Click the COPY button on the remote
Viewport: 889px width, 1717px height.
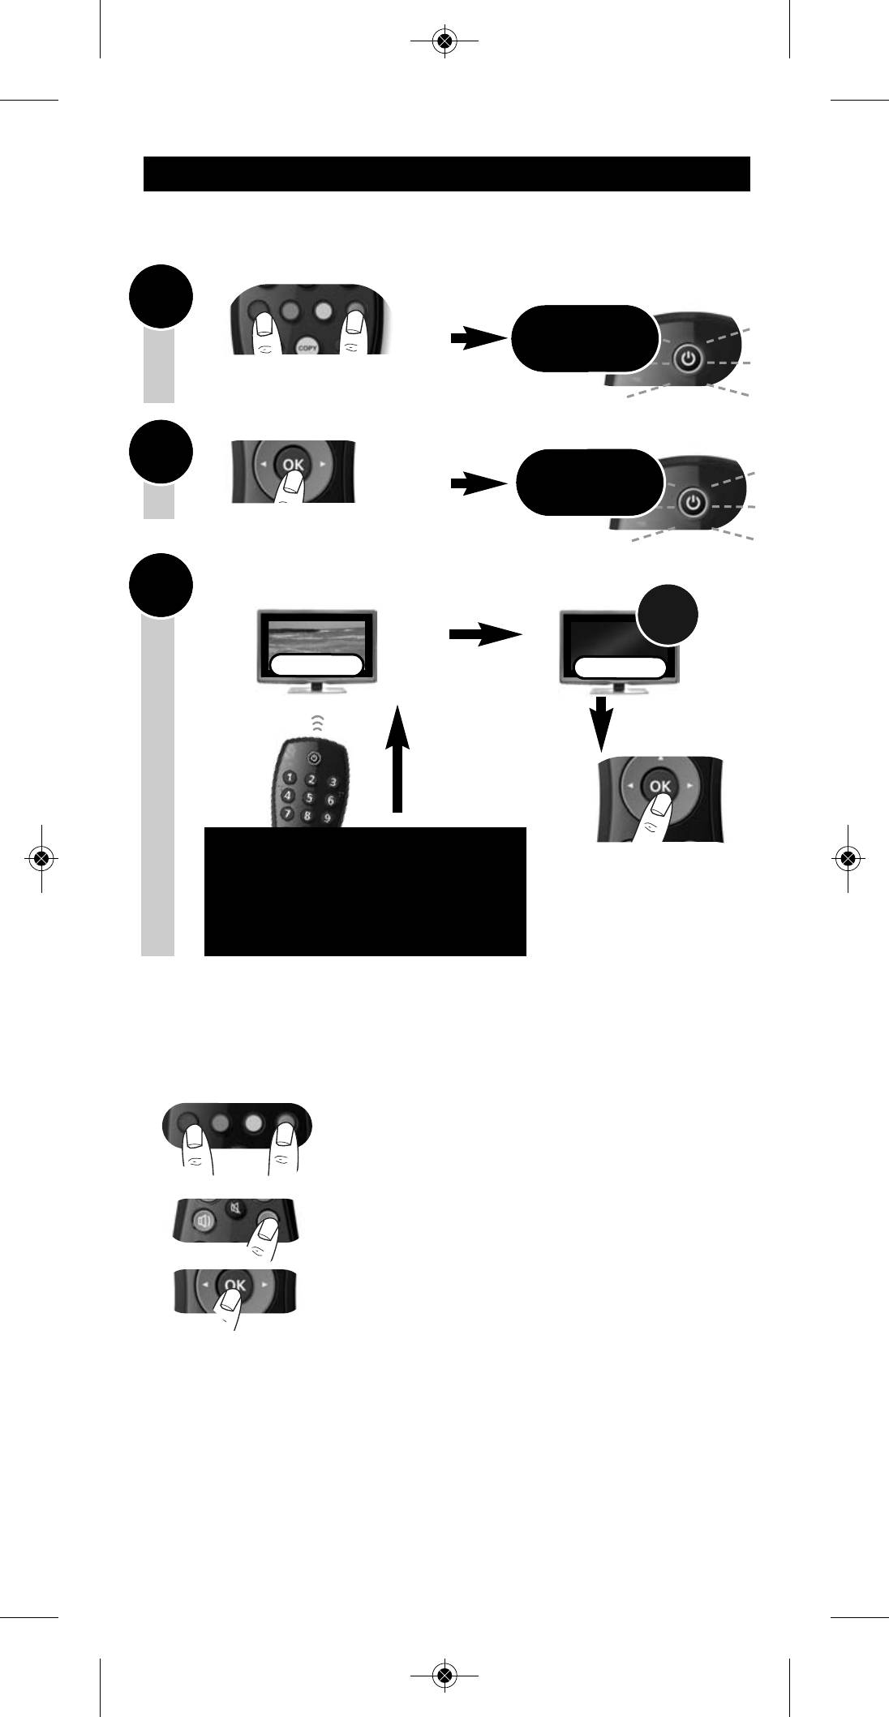click(x=308, y=344)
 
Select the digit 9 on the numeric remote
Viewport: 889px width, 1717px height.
click(x=327, y=818)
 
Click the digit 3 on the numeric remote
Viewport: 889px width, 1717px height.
click(x=332, y=782)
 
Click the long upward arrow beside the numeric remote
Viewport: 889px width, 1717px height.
click(x=397, y=758)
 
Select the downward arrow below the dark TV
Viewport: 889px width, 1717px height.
click(x=599, y=719)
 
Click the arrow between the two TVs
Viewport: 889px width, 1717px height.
click(x=485, y=635)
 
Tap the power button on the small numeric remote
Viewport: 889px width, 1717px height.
click(x=316, y=758)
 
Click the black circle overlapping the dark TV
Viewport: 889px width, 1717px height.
click(x=668, y=616)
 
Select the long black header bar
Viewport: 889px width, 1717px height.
click(x=446, y=174)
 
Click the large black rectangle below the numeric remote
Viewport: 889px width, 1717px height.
click(x=365, y=892)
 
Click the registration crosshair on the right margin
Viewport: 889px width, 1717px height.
click(x=848, y=857)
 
